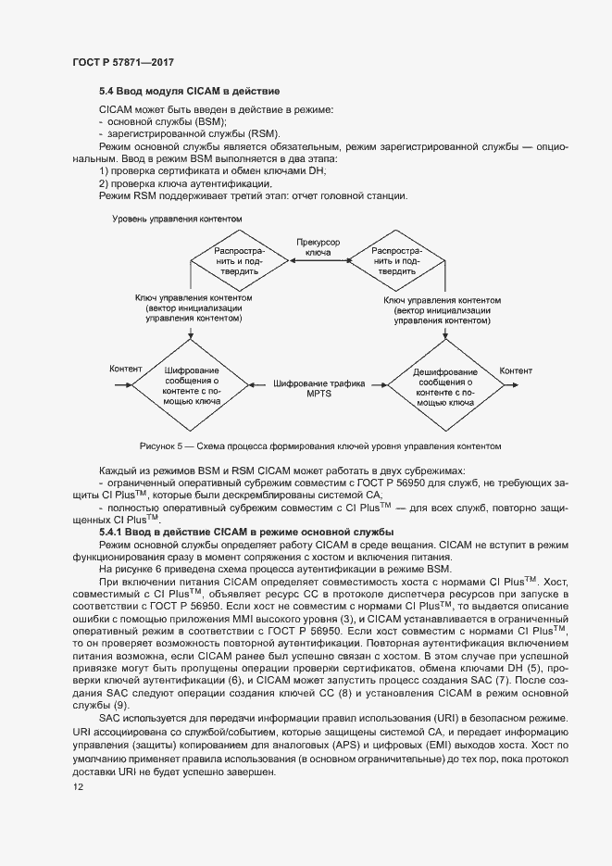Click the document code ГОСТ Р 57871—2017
123,62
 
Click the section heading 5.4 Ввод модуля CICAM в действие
189,92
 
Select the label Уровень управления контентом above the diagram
177,219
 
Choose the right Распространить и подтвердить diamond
395,262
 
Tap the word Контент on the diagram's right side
516,371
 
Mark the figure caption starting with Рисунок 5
319,446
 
